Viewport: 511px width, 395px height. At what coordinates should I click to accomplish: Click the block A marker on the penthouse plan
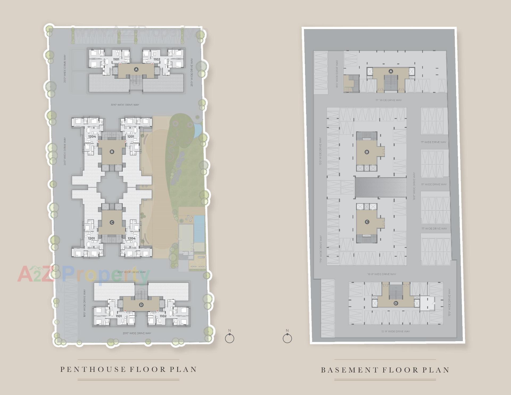[x=136, y=70]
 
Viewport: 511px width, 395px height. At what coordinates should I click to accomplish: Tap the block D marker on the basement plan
[x=396, y=303]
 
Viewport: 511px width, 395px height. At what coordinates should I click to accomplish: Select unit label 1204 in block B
[x=92, y=136]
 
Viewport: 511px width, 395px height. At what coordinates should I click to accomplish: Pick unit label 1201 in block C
[x=92, y=238]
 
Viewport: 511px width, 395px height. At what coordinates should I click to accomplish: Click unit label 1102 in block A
[x=157, y=59]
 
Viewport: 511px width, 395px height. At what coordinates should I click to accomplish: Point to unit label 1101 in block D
[x=119, y=316]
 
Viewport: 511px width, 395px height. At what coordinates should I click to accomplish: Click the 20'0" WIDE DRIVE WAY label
[x=137, y=333]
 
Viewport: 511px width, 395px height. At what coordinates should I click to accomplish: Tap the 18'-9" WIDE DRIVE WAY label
[x=382, y=274]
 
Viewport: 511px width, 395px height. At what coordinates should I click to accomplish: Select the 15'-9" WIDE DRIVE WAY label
[x=395, y=331]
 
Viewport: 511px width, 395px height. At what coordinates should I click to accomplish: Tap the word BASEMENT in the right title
[x=350, y=370]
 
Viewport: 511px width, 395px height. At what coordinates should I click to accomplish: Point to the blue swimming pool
[x=199, y=229]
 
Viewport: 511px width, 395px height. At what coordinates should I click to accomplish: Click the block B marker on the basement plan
[x=367, y=152]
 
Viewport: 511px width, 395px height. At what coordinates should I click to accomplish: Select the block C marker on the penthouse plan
[x=112, y=222]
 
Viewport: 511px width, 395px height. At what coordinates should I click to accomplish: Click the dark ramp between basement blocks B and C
[x=381, y=188]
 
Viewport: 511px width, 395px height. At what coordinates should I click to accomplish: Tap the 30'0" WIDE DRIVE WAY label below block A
[x=125, y=105]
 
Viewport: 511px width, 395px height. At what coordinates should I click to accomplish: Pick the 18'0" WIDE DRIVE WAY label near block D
[x=84, y=303]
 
